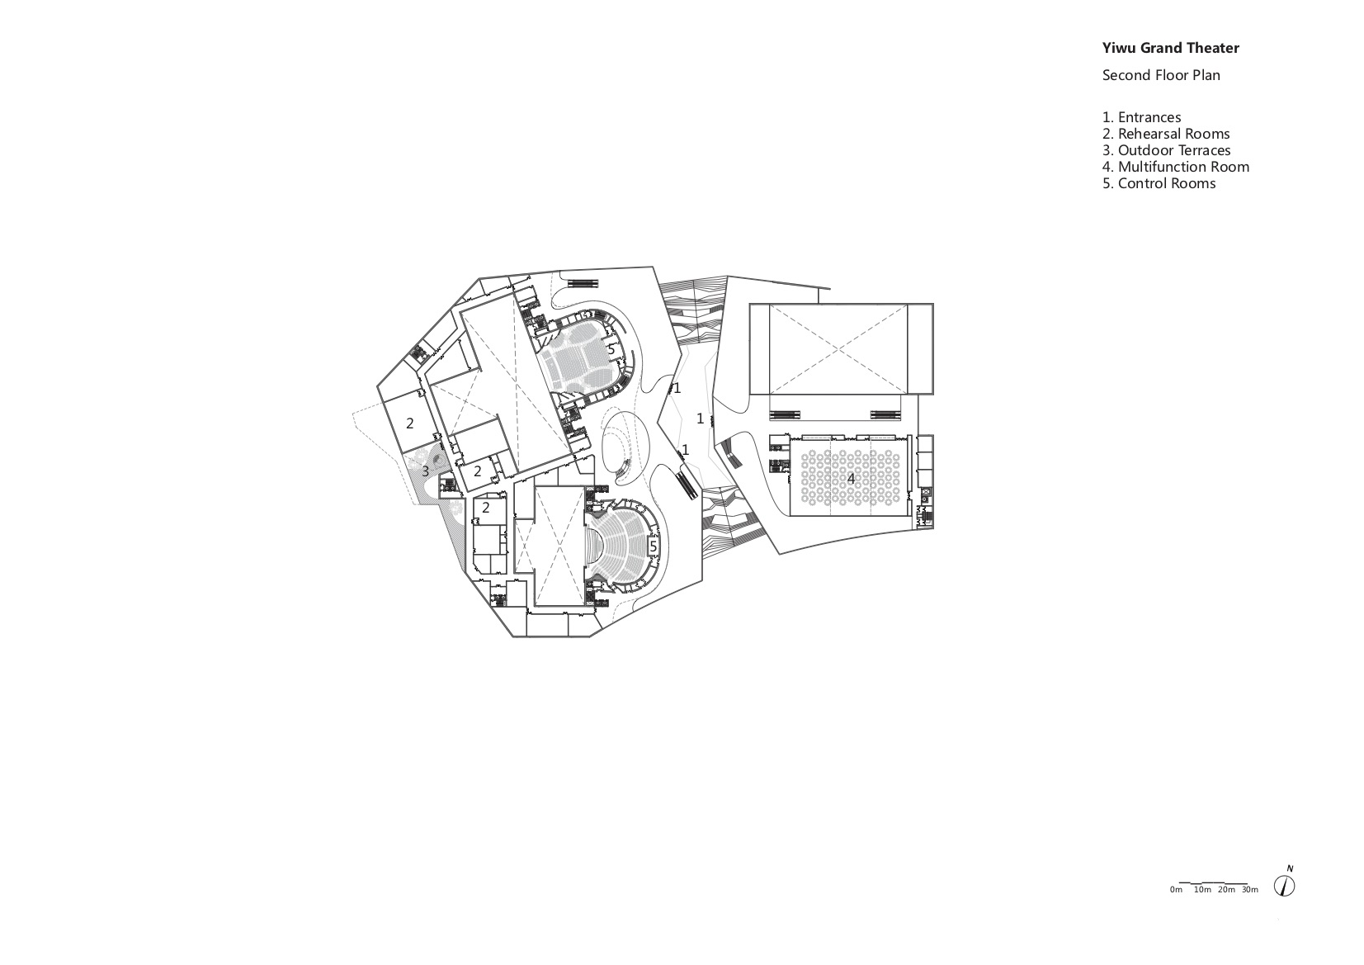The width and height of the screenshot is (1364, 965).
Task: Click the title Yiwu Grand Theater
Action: [1170, 48]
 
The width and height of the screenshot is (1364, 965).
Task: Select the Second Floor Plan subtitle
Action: [1161, 76]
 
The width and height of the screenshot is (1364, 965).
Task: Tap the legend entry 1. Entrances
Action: [1142, 117]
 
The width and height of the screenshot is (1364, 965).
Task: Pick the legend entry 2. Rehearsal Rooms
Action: [1166, 134]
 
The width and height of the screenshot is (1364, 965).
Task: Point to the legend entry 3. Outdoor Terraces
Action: [1167, 150]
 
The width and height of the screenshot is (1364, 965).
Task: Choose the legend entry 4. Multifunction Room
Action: [1176, 166]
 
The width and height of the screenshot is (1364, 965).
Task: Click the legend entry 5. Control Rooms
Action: [1159, 182]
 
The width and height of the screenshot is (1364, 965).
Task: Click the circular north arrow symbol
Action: [1285, 885]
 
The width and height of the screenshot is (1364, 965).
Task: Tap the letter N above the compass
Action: [1290, 868]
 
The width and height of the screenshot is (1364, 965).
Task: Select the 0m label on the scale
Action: [1176, 890]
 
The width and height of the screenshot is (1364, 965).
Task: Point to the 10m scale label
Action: [1202, 890]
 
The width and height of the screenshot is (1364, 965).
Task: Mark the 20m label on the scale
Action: [1226, 890]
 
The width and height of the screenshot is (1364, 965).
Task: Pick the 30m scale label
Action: [1249, 890]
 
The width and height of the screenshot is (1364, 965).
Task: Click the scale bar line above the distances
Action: [1214, 882]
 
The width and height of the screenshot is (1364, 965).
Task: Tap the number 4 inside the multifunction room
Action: [851, 479]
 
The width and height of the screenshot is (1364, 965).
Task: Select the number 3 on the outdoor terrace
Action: [425, 471]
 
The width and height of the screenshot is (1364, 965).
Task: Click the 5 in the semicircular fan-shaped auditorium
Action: [654, 546]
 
